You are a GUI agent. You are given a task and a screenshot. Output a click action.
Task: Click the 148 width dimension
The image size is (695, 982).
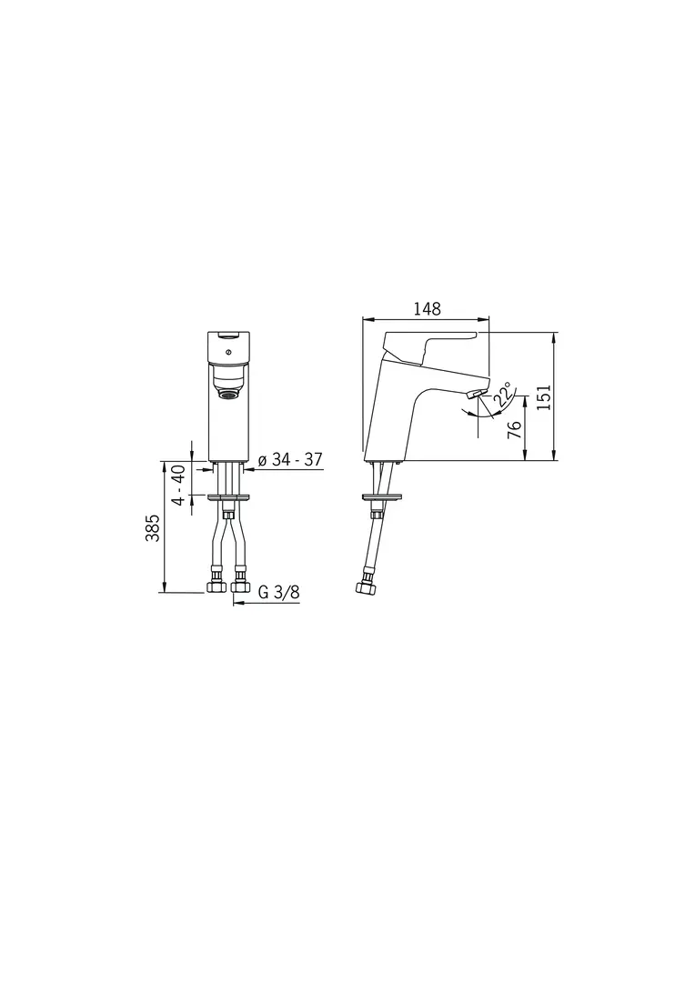(x=427, y=309)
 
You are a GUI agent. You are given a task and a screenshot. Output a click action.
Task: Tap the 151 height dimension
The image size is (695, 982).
(x=543, y=397)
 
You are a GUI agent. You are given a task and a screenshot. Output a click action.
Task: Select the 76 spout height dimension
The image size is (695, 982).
(x=514, y=429)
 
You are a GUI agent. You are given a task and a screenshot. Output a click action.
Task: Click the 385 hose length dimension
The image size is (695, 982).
(x=153, y=528)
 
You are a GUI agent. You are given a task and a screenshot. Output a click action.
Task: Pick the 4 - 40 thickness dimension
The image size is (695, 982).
(x=178, y=485)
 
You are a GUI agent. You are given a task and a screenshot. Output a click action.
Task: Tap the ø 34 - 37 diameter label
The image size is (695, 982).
(x=290, y=460)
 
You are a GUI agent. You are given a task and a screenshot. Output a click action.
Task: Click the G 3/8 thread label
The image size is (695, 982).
(x=279, y=593)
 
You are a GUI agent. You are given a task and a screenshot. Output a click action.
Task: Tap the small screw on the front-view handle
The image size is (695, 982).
(x=228, y=352)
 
